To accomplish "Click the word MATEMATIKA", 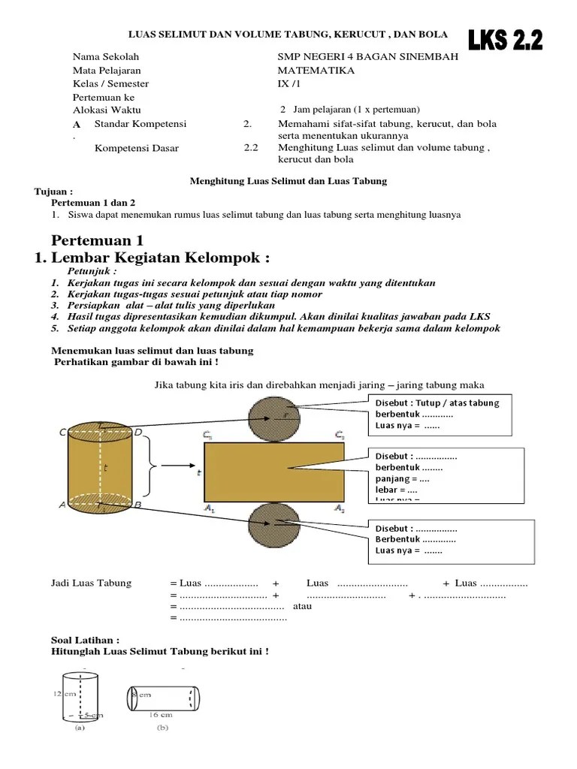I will pos(316,71).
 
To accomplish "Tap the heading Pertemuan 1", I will pos(97,240).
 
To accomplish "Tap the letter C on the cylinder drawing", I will pos(63,432).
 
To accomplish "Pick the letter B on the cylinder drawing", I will pos(137,505).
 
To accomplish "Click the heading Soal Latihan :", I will pos(85,641).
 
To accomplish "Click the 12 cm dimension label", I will pos(64,694).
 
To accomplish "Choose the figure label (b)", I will pos(162,727).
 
